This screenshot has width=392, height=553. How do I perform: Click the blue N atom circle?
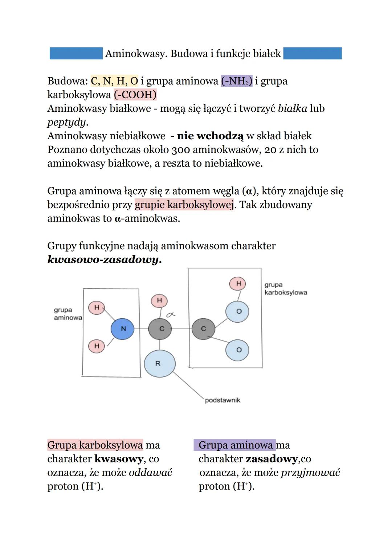(x=123, y=329)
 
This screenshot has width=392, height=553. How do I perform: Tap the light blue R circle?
(x=159, y=363)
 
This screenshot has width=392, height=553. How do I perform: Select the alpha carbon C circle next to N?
(x=160, y=329)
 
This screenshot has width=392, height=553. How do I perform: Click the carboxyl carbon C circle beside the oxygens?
(x=203, y=329)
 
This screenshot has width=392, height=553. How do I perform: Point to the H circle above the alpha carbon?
(x=159, y=301)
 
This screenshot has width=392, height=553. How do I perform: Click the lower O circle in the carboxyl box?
(x=237, y=350)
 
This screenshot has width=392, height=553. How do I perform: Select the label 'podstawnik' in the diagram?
(x=222, y=400)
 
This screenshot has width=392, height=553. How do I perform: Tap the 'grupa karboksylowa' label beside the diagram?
(x=285, y=289)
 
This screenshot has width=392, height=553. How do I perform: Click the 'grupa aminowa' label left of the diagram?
(x=68, y=314)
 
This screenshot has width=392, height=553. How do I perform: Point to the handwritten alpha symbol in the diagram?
(x=171, y=315)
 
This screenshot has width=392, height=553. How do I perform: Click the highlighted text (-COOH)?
(x=135, y=95)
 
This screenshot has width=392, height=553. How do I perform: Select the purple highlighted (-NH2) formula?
(x=237, y=81)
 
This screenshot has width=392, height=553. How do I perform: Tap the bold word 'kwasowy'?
(x=119, y=459)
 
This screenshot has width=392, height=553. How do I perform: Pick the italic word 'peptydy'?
(x=67, y=122)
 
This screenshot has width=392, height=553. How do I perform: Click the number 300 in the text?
(x=181, y=150)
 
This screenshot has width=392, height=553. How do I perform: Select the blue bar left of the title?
(x=76, y=53)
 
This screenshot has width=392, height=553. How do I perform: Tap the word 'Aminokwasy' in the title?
(x=136, y=54)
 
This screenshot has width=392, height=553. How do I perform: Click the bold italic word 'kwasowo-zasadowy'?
(x=104, y=260)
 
